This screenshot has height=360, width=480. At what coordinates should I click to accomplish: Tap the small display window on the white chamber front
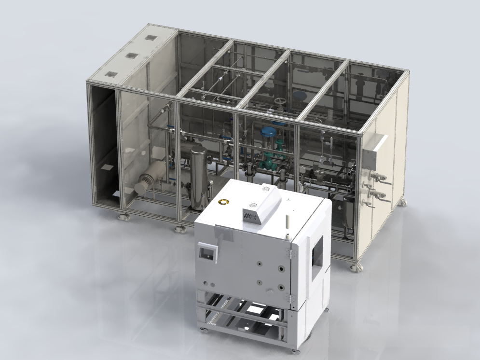click(207, 252)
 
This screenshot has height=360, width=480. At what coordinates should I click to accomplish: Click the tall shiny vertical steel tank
click(198, 178)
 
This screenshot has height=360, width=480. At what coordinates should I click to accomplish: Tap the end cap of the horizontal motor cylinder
click(144, 184)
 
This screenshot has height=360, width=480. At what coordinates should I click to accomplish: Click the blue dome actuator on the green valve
click(268, 131)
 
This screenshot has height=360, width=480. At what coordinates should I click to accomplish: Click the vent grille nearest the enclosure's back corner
click(151, 38)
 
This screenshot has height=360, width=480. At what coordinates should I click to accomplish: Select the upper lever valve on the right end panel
click(380, 178)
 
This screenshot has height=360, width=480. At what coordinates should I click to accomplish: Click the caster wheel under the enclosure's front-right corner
click(356, 266)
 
